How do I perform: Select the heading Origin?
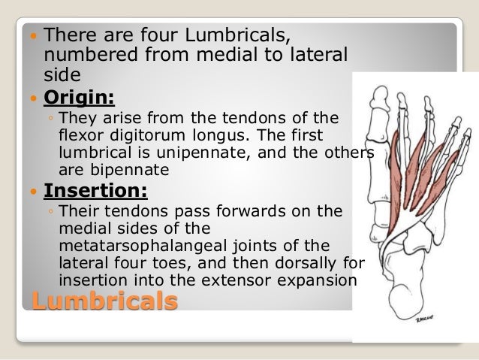(x=79, y=98)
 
